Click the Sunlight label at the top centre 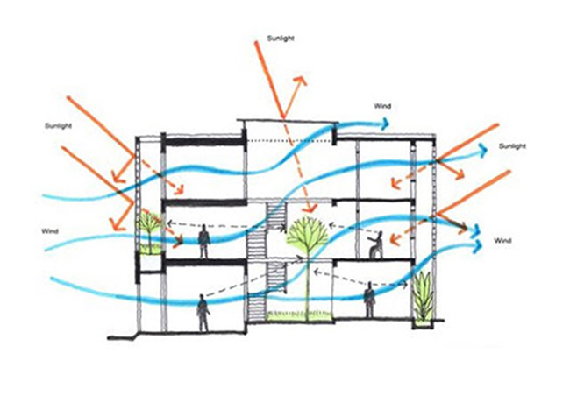pyautogui.click(x=281, y=39)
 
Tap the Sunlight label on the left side pyautogui.click(x=58, y=125)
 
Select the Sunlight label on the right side pyautogui.click(x=512, y=146)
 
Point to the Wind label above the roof pyautogui.click(x=382, y=106)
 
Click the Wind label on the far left pyautogui.click(x=50, y=231)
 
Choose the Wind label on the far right pyautogui.click(x=502, y=240)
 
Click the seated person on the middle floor pyautogui.click(x=376, y=244)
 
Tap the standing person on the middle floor pyautogui.click(x=204, y=242)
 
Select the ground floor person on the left pyautogui.click(x=203, y=313)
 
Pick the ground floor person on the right pyautogui.click(x=369, y=300)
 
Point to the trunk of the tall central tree pyautogui.click(x=309, y=286)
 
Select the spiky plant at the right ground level pyautogui.click(x=424, y=296)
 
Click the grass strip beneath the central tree pyautogui.click(x=300, y=315)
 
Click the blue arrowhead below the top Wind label pyautogui.click(x=385, y=124)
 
